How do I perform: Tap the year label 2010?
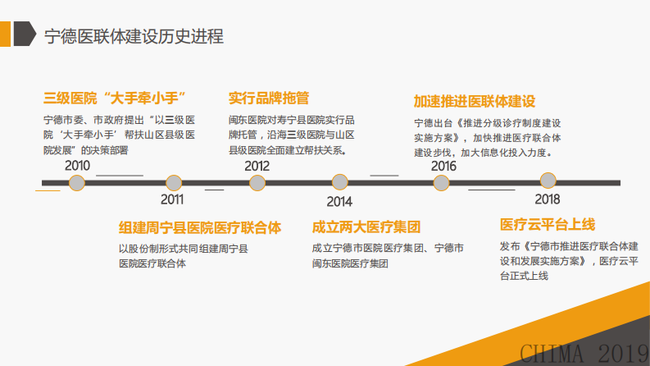[x=78, y=166]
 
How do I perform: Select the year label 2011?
[x=172, y=199]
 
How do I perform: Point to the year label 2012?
[x=257, y=166]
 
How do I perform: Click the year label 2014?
[x=339, y=201]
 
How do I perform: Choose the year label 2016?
[x=443, y=166]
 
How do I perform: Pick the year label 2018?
[x=548, y=199]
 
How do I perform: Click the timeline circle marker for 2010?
[x=77, y=183]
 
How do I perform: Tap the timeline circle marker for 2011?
[x=173, y=183]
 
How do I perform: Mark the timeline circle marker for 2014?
[x=340, y=183]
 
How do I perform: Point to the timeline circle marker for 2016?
[x=443, y=183]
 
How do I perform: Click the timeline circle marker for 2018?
[x=548, y=181]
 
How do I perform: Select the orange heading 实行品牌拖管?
[x=268, y=98]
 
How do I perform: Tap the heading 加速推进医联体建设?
[x=475, y=103]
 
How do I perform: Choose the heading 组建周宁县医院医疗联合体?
[x=200, y=227]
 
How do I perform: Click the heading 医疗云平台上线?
[x=548, y=224]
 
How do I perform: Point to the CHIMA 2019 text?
[x=584, y=353]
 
